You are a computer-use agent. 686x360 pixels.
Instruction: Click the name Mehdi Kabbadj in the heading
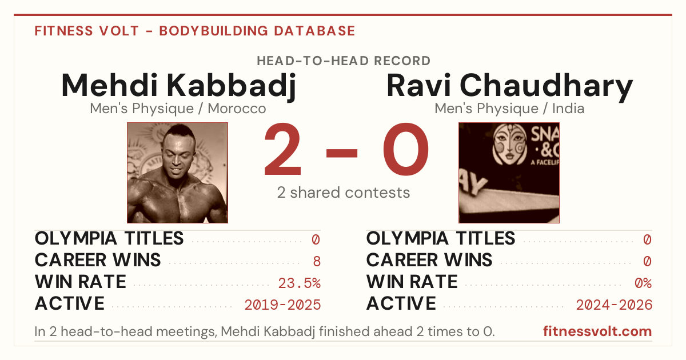click(x=178, y=86)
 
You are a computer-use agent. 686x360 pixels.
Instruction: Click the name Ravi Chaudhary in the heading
click(x=509, y=86)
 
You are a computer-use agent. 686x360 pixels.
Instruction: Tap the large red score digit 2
click(x=282, y=149)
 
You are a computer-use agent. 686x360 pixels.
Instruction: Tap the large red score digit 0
click(x=406, y=149)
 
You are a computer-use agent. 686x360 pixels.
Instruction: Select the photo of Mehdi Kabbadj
click(x=178, y=173)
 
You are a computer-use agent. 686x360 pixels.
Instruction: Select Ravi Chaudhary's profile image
click(x=509, y=173)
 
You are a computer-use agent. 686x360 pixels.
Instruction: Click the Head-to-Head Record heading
click(x=344, y=61)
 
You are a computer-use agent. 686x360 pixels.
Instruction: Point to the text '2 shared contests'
click(x=344, y=193)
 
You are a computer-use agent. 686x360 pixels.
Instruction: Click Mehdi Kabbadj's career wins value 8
click(x=317, y=262)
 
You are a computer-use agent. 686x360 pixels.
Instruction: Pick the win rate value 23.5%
click(x=299, y=283)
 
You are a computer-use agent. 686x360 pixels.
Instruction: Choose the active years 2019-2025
click(x=282, y=305)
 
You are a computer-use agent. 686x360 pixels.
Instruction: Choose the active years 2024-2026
click(x=614, y=305)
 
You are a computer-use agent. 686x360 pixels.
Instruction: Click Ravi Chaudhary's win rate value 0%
click(x=643, y=283)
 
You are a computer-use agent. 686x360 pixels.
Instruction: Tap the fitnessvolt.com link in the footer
click(x=597, y=331)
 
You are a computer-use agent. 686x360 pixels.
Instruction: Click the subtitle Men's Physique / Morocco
click(x=178, y=109)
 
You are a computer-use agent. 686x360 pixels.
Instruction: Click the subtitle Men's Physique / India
click(x=509, y=109)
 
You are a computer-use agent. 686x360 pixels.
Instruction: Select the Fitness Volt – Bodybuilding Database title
click(x=195, y=31)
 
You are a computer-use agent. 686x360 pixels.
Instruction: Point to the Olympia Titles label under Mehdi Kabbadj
click(x=109, y=238)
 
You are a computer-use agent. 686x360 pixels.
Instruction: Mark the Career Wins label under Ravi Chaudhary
click(x=429, y=260)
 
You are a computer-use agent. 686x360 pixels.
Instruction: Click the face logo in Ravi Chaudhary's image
click(x=509, y=144)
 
